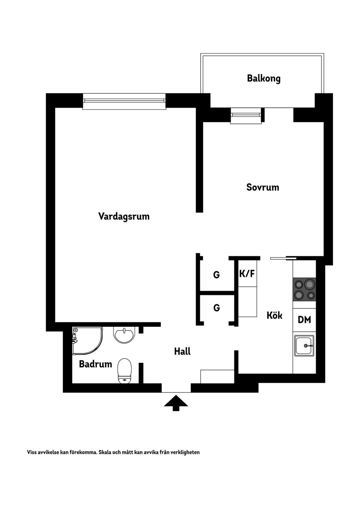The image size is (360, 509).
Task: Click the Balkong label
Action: (264, 78)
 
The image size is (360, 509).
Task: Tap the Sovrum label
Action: (262, 187)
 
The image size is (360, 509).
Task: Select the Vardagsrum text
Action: (124, 216)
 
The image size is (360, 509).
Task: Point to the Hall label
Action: (182, 351)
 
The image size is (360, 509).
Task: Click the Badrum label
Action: (95, 364)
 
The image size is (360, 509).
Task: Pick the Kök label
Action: (274, 315)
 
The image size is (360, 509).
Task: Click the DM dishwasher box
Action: (304, 320)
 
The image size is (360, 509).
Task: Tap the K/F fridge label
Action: (247, 274)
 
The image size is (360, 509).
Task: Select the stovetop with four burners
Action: (304, 289)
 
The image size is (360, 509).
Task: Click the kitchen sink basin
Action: (304, 346)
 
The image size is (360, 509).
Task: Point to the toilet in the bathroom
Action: (124, 371)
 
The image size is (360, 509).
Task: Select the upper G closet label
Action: (216, 275)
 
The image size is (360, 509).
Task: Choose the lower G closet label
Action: (216, 308)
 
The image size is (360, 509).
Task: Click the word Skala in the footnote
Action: (106, 452)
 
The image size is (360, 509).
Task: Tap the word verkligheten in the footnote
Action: (185, 452)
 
